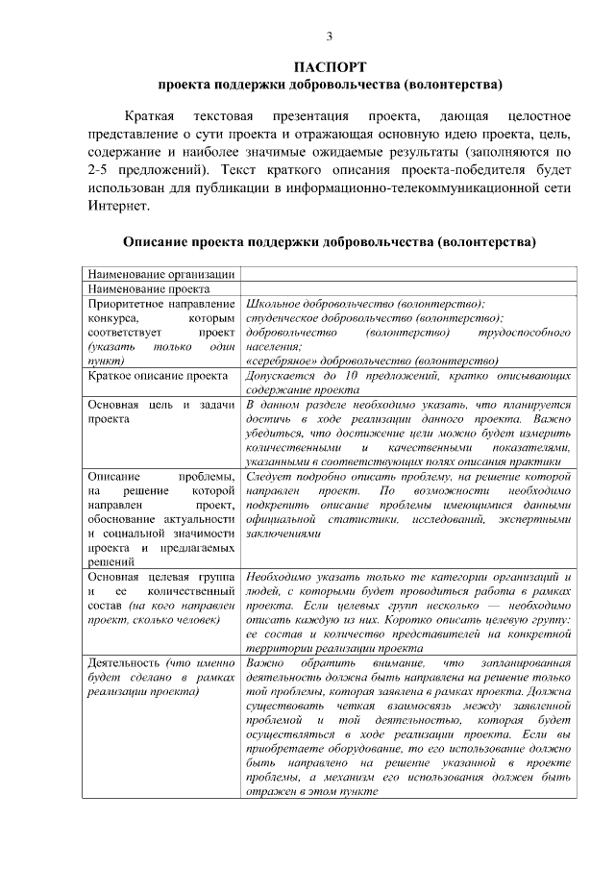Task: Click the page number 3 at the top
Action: [330, 37]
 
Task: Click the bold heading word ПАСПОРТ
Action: [330, 67]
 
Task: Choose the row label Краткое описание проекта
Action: [157, 376]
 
